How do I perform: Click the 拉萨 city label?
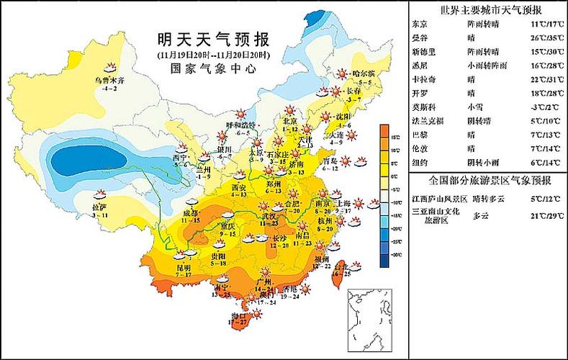point(99,207)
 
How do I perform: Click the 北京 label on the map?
point(289,122)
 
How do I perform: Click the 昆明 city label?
point(184,267)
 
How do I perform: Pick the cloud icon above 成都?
point(193,203)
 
